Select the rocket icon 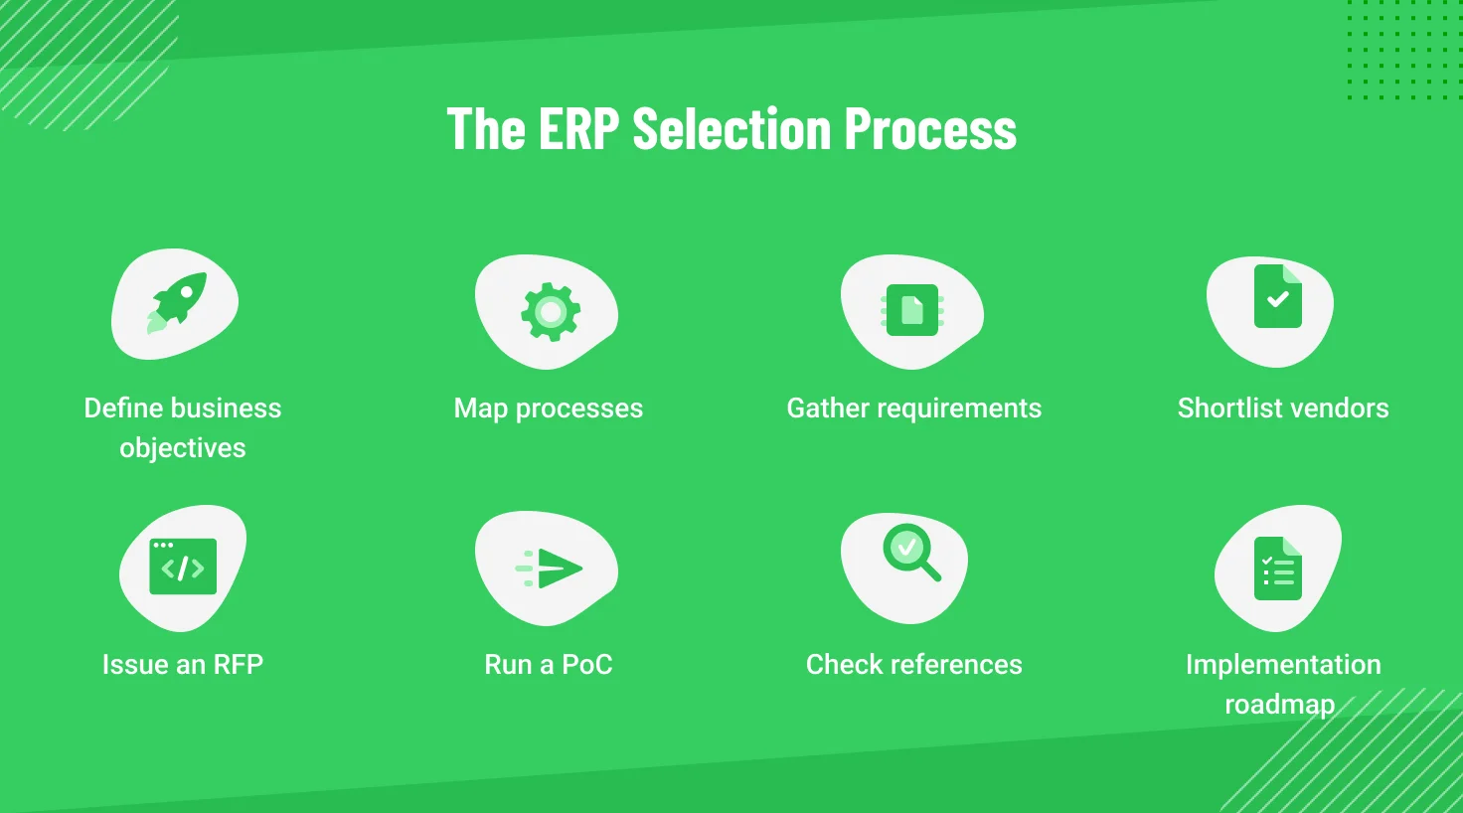click(177, 301)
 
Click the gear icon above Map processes click(550, 311)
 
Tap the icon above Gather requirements click(912, 311)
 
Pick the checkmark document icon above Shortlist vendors click(1277, 296)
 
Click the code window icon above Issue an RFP click(183, 567)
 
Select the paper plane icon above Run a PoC click(550, 569)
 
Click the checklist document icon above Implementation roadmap click(1277, 569)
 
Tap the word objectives click(183, 448)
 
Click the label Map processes click(549, 408)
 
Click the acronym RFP click(238, 665)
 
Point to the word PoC click(587, 665)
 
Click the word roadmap click(1279, 705)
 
